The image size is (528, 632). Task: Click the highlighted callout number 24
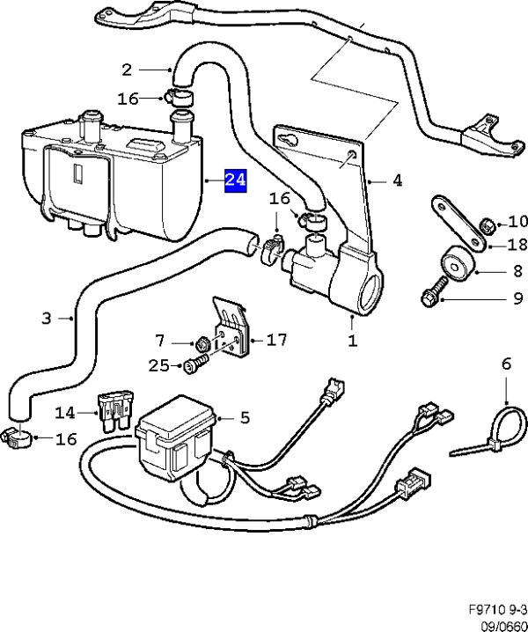coord(235,180)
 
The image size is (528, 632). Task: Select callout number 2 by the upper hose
coord(127,69)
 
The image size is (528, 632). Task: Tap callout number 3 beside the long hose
coord(47,318)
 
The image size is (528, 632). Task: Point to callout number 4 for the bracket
coord(397,180)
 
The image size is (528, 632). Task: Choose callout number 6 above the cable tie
coord(506,363)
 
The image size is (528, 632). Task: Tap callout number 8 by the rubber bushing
coord(494,273)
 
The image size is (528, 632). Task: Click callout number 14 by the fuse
coord(66,412)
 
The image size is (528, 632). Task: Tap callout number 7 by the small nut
coord(159,340)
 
